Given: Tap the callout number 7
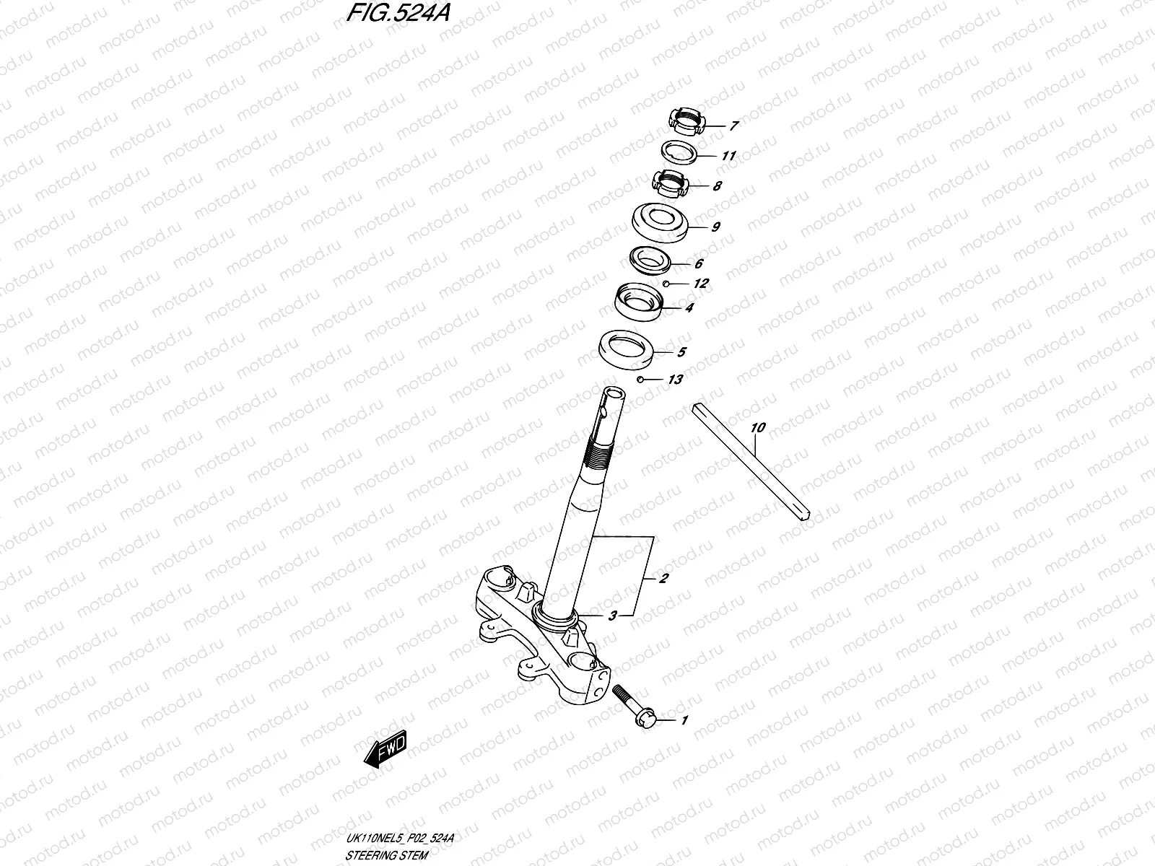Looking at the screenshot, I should click(x=733, y=126).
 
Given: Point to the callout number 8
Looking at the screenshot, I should click(x=717, y=186).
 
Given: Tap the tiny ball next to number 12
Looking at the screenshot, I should click(x=669, y=284).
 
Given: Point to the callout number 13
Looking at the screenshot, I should click(x=675, y=380).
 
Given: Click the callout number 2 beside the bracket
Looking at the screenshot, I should click(x=663, y=578).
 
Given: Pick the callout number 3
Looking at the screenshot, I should click(x=612, y=616).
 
